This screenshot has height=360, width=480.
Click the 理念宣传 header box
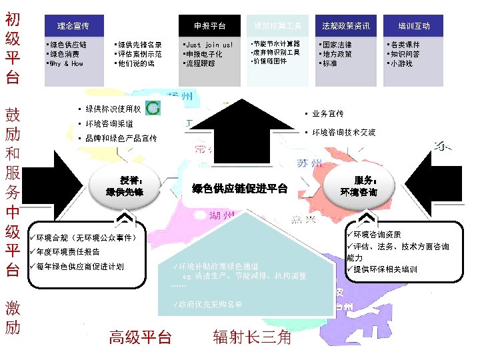point(74,26)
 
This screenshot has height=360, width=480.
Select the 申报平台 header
point(209,26)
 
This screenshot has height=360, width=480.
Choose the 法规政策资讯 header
point(345,26)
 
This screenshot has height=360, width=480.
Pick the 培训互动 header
point(414,26)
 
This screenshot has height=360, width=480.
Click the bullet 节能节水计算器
point(275,44)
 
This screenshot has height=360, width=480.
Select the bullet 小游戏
point(402,64)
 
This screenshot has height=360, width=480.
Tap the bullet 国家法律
point(337,45)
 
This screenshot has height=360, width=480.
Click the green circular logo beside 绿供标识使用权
point(153,109)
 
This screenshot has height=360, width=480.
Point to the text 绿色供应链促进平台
point(239,189)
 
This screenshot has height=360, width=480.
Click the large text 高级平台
point(140,337)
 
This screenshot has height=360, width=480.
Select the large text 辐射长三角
point(253,337)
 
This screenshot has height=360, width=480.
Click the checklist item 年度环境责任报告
point(68,252)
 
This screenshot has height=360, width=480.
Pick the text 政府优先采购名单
point(209,304)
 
